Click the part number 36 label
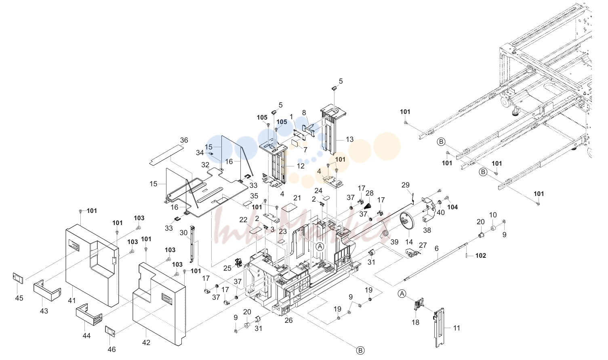(184, 140)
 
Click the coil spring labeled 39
(386, 234)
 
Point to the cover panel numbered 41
(92, 265)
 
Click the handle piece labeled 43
(47, 290)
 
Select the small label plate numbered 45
(18, 278)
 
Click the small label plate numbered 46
(110, 331)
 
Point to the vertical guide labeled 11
(439, 327)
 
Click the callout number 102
(481, 255)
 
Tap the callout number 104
(452, 207)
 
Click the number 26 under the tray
(288, 320)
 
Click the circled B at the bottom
(360, 350)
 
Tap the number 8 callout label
(304, 113)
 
